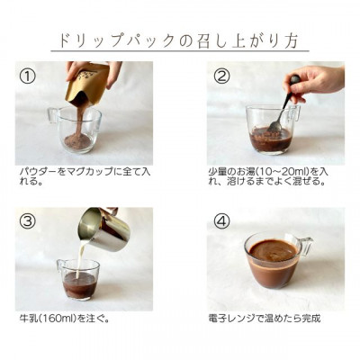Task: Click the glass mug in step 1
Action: pyautogui.click(x=79, y=130)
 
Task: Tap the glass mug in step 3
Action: pyautogui.click(x=79, y=279)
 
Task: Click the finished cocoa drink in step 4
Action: pyautogui.click(x=273, y=252)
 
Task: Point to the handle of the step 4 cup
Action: pyautogui.click(x=307, y=245)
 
